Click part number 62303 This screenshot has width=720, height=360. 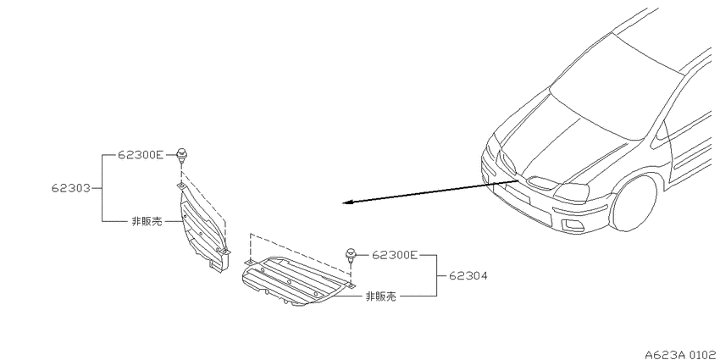70,188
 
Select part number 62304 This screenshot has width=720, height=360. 468,276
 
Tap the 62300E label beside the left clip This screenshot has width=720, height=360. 141,155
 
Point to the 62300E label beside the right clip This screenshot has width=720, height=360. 395,254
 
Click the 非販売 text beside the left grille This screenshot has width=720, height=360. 147,221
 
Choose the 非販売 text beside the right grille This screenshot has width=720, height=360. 380,296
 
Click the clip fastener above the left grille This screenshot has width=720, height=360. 182,155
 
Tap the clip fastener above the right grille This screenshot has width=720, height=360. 352,254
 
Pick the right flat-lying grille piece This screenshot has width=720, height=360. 294,281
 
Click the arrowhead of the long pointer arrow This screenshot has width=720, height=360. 347,202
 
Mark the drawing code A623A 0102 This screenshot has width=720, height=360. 683,354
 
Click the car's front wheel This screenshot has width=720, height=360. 634,203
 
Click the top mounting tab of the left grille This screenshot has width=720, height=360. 181,186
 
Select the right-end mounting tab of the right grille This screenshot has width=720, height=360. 350,286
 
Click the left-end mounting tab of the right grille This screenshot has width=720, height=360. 249,262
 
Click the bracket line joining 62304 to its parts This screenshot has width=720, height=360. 436,275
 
